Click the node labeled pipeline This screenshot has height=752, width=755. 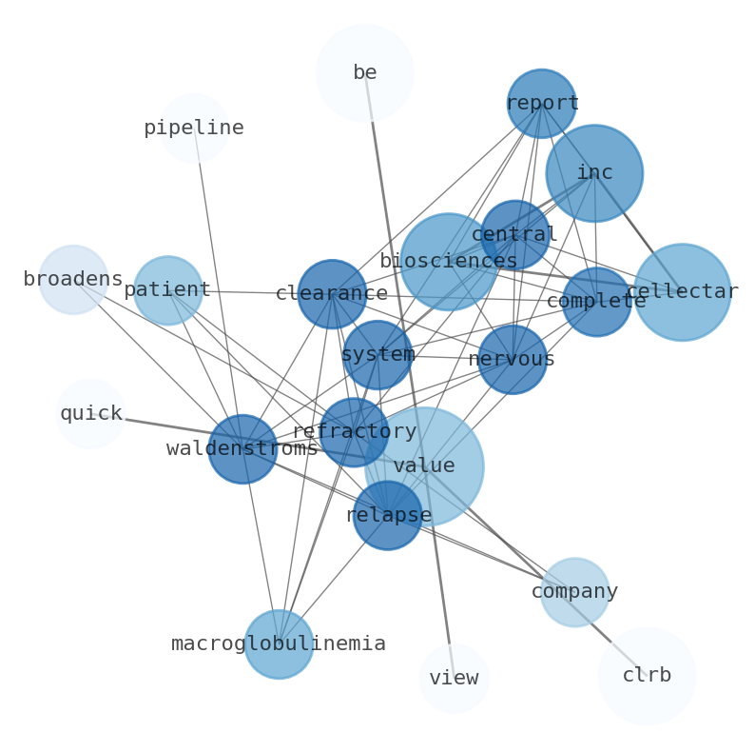pyautogui.click(x=194, y=129)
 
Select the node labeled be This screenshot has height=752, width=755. pyautogui.click(x=365, y=72)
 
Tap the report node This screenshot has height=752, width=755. pyautogui.click(x=541, y=103)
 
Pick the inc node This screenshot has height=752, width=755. pyautogui.click(x=594, y=173)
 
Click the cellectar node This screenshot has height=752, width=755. pyautogui.click(x=682, y=292)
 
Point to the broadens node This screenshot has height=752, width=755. pyautogui.click(x=73, y=280)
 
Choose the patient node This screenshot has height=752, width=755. pyautogui.click(x=168, y=290)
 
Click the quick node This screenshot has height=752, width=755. pyautogui.click(x=90, y=414)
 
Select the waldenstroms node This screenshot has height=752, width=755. pyautogui.click(x=242, y=448)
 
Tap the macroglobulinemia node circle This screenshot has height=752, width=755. pyautogui.click(x=279, y=644)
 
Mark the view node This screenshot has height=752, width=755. pyautogui.click(x=454, y=679)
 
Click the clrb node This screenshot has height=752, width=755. pyautogui.click(x=647, y=676)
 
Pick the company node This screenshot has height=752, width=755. pyautogui.click(x=574, y=592)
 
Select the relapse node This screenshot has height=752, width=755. pyautogui.click(x=388, y=515)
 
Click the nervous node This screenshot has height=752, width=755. pyautogui.click(x=512, y=360)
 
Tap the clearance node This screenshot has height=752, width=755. pyautogui.click(x=332, y=294)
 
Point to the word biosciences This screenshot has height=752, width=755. pyautogui.click(x=448, y=261)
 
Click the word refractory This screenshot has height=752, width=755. pyautogui.click(x=354, y=432)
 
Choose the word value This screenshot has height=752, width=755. pyautogui.click(x=424, y=466)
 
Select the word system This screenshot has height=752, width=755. pyautogui.click(x=377, y=355)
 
